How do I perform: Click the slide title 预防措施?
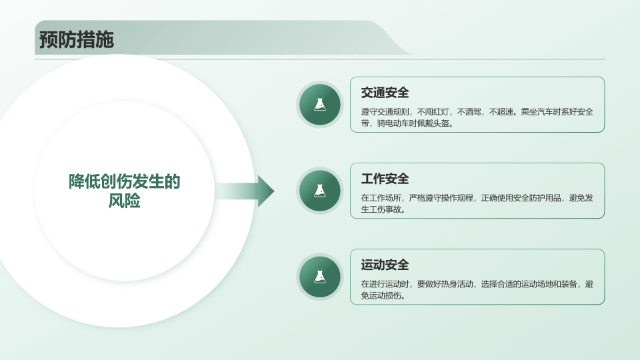click(76, 39)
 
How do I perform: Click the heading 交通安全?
click(385, 93)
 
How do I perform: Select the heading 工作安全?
click(385, 179)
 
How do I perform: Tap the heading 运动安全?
click(385, 265)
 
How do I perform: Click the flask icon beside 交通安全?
click(320, 105)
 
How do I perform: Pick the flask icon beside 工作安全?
click(320, 191)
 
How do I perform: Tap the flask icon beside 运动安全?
click(320, 277)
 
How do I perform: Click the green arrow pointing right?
click(245, 191)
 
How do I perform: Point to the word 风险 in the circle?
click(125, 201)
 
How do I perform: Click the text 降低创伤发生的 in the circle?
click(125, 181)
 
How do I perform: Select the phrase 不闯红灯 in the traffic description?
click(433, 112)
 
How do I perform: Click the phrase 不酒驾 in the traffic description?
click(469, 112)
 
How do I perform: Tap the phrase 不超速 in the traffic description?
click(501, 112)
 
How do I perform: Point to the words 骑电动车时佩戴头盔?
click(413, 123)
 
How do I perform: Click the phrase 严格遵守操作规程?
click(441, 198)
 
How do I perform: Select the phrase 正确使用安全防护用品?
click(521, 198)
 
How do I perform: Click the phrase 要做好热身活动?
click(445, 284)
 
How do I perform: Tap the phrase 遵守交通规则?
click(385, 112)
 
